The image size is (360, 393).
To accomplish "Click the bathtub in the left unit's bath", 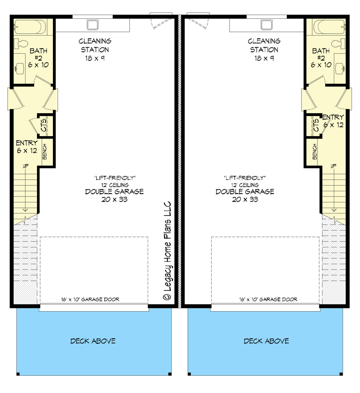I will [30, 26].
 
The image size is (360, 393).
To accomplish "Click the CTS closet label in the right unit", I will [316, 125].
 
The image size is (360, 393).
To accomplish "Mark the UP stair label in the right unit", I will [334, 166].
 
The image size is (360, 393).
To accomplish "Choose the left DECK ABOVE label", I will [93, 341].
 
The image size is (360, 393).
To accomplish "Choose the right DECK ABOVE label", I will [266, 341].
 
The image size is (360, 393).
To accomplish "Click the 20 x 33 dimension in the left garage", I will [114, 200].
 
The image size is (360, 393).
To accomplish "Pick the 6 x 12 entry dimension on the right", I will [333, 125].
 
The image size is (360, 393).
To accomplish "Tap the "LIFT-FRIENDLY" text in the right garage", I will [245, 178].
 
